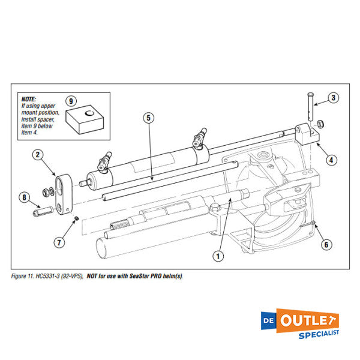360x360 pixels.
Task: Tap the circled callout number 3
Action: point(334,98)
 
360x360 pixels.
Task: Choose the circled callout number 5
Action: point(148,118)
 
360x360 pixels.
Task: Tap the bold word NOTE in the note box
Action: point(28,99)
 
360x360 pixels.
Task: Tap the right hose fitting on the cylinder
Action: point(199,137)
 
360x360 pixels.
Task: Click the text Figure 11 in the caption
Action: point(24,276)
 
